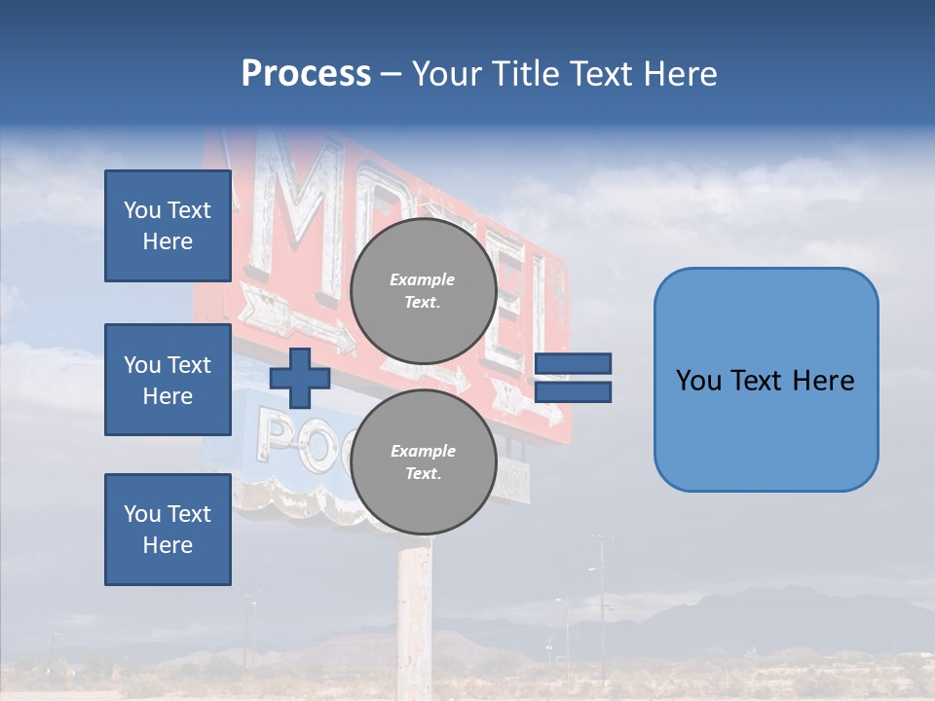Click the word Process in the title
pyautogui.click(x=306, y=74)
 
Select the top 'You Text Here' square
pyautogui.click(x=168, y=226)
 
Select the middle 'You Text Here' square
pyautogui.click(x=168, y=380)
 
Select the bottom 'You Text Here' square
pyautogui.click(x=168, y=530)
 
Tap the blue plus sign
pyautogui.click(x=299, y=378)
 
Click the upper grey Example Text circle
pyautogui.click(x=423, y=290)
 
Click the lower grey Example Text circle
pyautogui.click(x=423, y=461)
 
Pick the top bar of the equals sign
pyautogui.click(x=573, y=363)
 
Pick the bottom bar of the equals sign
pyautogui.click(x=573, y=391)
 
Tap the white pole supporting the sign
pyautogui.click(x=414, y=613)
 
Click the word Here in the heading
pyautogui.click(x=681, y=74)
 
